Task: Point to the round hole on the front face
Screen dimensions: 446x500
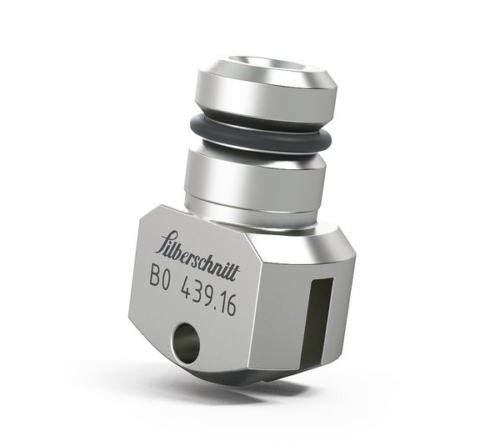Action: [x=186, y=343]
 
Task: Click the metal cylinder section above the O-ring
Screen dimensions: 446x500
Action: [x=266, y=93]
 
